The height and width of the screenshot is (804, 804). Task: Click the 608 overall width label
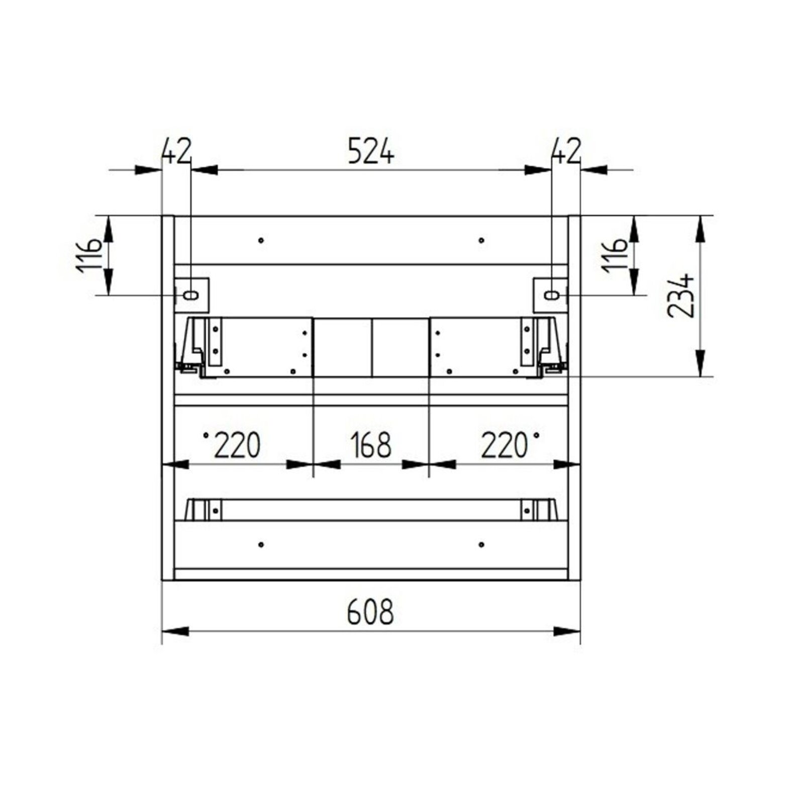click(371, 612)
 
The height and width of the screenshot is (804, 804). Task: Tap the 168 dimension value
click(371, 445)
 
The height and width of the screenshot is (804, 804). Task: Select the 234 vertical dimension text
click(681, 295)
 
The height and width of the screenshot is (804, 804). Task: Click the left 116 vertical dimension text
click(89, 256)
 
